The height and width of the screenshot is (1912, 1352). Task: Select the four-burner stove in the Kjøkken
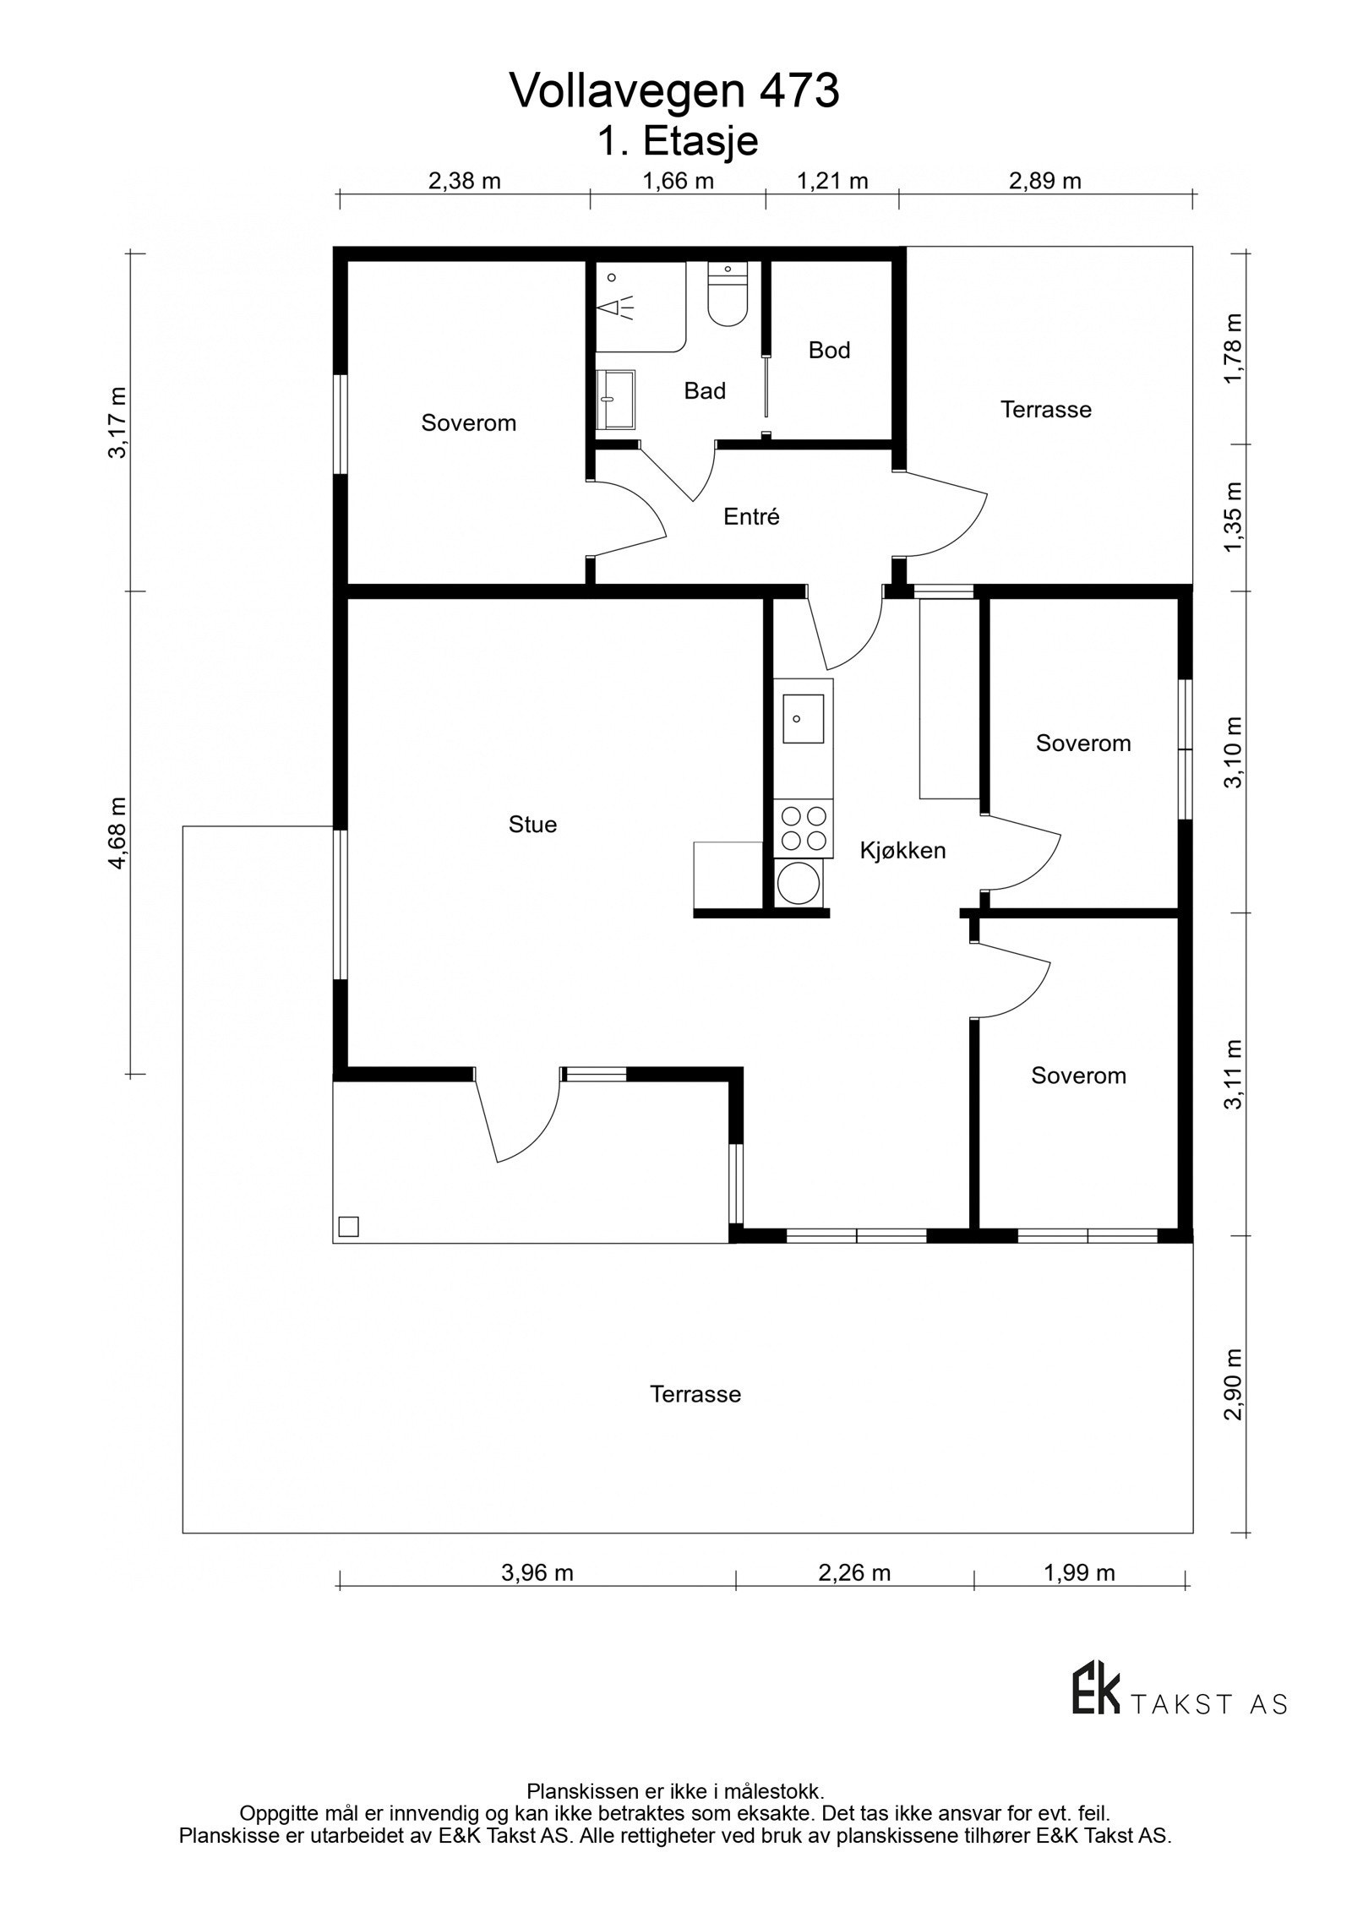[804, 828]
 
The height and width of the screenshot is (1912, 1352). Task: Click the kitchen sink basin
[803, 719]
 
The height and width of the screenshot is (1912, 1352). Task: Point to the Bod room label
[829, 350]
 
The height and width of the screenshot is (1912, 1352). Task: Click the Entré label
[751, 517]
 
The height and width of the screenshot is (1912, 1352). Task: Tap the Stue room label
[532, 825]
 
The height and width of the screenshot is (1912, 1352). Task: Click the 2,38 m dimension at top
[464, 181]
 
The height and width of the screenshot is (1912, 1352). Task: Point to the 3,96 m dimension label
[537, 1572]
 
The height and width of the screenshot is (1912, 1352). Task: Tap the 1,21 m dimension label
[832, 181]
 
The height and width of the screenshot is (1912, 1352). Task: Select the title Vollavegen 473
[674, 92]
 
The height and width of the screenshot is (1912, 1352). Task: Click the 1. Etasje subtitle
[678, 142]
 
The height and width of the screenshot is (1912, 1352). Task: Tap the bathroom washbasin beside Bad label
[613, 399]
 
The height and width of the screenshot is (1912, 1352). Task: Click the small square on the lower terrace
[348, 1226]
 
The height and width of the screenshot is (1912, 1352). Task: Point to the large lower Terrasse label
[695, 1394]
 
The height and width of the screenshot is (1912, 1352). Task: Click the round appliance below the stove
[799, 884]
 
